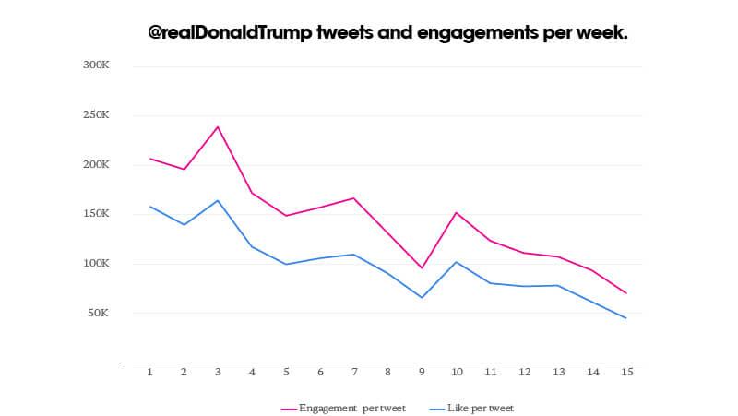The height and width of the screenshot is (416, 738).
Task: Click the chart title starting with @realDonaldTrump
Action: coord(388,32)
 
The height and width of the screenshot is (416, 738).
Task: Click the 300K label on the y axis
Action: coord(96,65)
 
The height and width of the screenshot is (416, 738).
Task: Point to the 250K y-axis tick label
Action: coord(96,115)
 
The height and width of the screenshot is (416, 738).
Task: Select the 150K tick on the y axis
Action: coord(96,214)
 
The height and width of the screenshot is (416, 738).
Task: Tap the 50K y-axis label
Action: coord(98,313)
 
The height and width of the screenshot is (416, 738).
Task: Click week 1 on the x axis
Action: coord(149,372)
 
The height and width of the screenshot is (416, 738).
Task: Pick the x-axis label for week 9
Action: coord(422,372)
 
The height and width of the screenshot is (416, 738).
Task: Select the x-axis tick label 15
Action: coord(626,372)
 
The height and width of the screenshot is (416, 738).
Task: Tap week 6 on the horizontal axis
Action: coord(320,372)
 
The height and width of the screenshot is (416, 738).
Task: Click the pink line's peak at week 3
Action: coord(218,126)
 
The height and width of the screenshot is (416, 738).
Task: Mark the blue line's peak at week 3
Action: coord(218,200)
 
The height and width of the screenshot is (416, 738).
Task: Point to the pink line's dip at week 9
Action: coord(422,268)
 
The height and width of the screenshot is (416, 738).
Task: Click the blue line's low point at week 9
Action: coord(422,298)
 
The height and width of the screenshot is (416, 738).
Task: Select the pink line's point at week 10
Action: coord(456,212)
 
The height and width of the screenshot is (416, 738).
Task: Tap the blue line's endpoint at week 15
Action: coord(626,318)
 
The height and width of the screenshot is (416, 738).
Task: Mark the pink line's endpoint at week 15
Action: coord(626,293)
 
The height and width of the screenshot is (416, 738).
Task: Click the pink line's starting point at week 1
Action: coord(149,159)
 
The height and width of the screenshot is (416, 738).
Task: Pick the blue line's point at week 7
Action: coord(353,254)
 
